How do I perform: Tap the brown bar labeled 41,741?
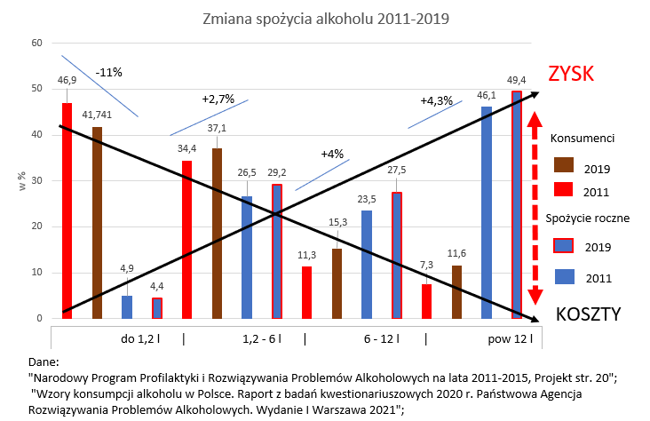[x=97, y=222]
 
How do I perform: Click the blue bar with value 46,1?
[x=487, y=212]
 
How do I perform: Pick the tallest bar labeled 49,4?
[x=517, y=204]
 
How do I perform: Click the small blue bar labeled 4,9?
[x=127, y=307]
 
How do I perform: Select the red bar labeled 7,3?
[x=427, y=301]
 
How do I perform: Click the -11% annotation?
[x=110, y=72]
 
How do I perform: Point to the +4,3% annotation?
[x=436, y=100]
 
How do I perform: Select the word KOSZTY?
[x=588, y=314]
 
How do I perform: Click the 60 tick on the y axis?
[x=36, y=43]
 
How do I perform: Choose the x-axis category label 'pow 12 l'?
[x=509, y=338]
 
